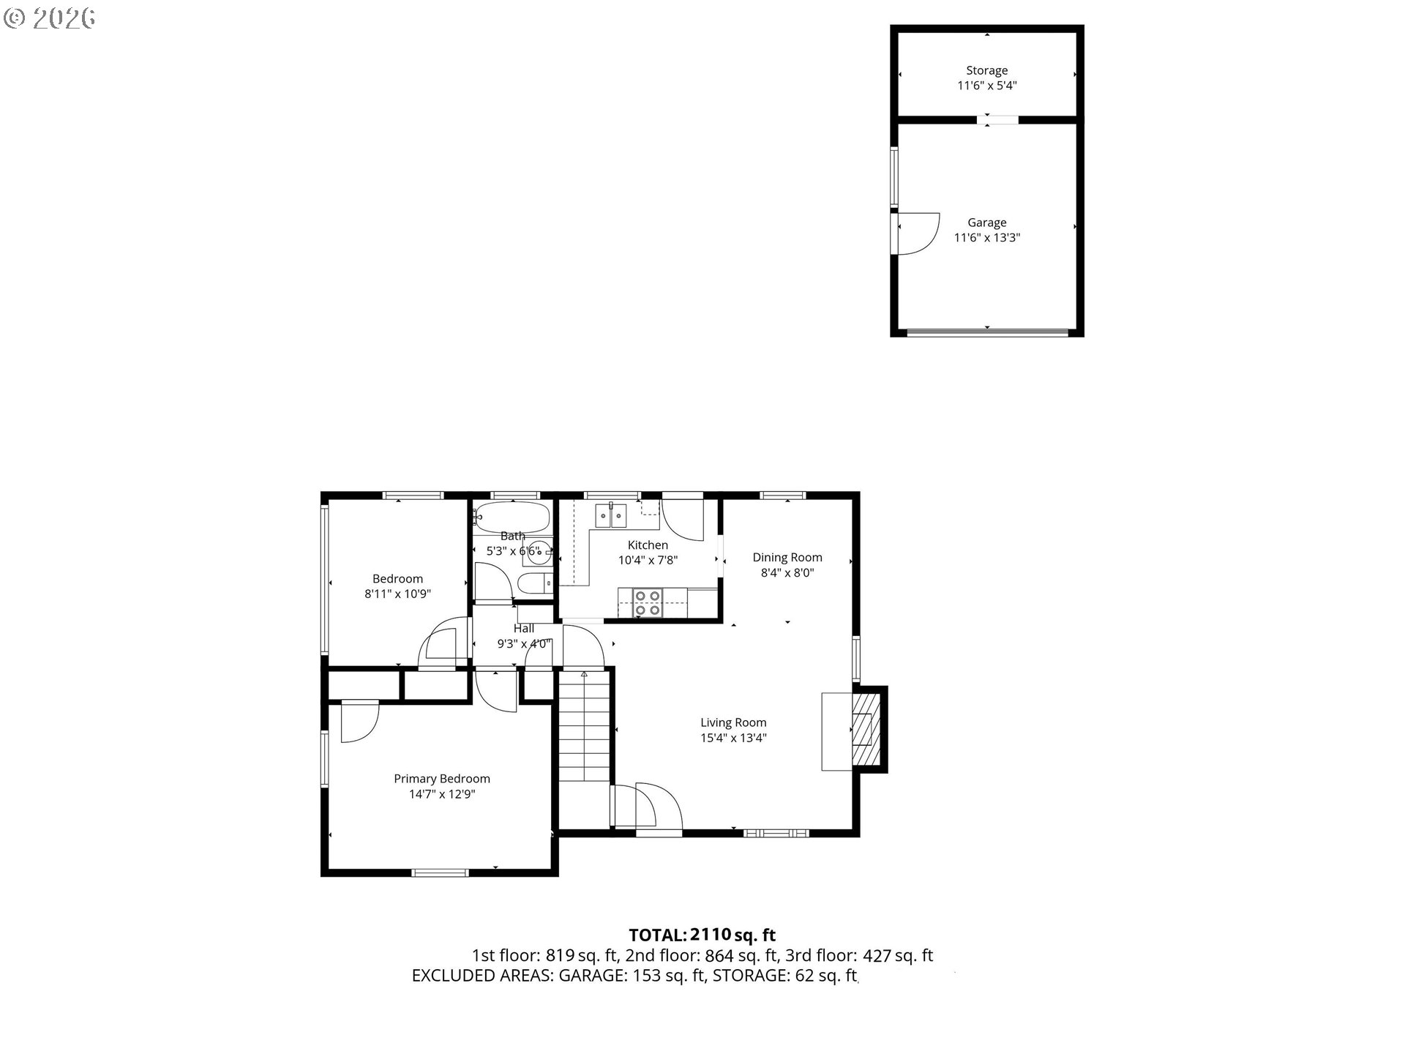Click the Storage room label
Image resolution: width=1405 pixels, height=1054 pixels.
(986, 70)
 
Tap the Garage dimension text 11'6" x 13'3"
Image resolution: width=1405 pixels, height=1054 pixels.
(986, 237)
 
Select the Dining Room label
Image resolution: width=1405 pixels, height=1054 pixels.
(787, 558)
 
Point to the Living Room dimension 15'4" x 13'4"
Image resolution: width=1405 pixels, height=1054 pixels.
(733, 738)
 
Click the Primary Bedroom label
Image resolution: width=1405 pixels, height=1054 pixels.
(442, 779)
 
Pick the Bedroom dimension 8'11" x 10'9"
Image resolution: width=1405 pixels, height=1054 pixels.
(397, 594)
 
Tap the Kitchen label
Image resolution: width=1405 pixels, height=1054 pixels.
(648, 545)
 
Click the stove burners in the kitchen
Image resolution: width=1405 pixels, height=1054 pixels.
(648, 602)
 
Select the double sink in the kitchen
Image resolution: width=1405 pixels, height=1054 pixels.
(610, 515)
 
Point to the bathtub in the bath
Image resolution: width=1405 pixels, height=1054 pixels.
(512, 516)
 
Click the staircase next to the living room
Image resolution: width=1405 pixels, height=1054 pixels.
(584, 725)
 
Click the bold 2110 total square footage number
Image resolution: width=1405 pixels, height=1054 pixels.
(711, 935)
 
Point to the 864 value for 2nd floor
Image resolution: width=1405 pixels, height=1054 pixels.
(717, 955)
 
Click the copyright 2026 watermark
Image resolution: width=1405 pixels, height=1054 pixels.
(50, 18)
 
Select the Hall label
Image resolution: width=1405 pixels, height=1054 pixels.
(524, 629)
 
